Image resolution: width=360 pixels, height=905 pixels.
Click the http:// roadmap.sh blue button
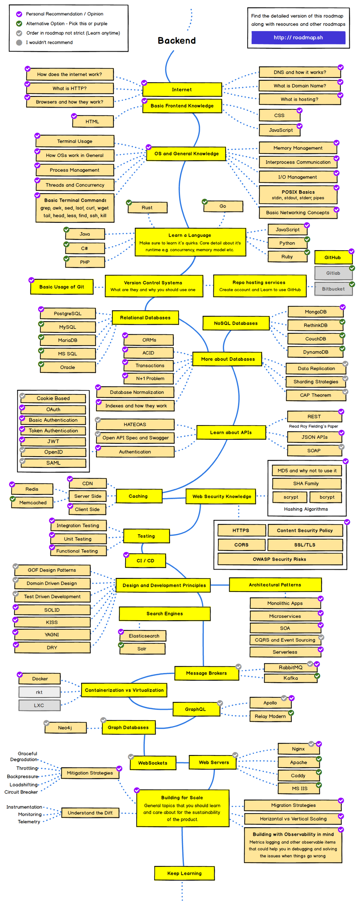(298, 37)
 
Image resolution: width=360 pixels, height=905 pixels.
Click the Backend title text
(177, 41)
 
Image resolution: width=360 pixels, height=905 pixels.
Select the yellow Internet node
(182, 90)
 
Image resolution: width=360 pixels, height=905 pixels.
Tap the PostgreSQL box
(67, 313)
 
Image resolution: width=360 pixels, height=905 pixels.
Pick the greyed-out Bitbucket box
(333, 289)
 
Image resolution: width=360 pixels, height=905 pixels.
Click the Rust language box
(147, 208)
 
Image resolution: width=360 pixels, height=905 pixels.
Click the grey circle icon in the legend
(19, 43)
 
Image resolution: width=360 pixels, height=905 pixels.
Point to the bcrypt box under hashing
(327, 497)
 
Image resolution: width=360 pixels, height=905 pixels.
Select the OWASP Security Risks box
(280, 559)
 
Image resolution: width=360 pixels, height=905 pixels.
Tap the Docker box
(40, 679)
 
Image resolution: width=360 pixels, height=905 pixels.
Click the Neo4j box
(65, 728)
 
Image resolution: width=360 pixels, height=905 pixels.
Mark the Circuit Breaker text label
(21, 792)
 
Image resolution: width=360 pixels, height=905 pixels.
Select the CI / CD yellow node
(145, 560)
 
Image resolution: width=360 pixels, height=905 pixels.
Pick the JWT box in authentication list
(53, 441)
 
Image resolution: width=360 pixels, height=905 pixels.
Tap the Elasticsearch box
(144, 636)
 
